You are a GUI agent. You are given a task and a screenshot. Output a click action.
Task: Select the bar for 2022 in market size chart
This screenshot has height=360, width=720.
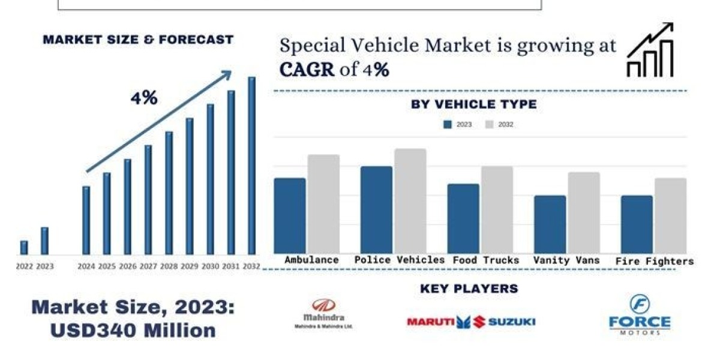click(24, 247)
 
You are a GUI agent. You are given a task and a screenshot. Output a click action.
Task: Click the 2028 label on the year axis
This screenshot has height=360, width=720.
click(169, 266)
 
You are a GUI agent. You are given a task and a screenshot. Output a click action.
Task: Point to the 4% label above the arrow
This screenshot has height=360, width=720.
click(144, 98)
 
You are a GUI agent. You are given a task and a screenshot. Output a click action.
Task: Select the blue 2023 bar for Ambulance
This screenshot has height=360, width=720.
click(290, 215)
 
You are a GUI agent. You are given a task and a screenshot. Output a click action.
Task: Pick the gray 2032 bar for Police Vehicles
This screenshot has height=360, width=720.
click(410, 201)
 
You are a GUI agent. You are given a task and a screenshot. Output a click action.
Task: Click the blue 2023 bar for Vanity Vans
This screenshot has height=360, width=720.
click(550, 224)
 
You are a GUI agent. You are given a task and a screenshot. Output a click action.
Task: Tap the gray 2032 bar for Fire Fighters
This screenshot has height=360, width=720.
click(670, 215)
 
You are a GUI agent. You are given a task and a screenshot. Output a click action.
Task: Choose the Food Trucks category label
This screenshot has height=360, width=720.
click(486, 260)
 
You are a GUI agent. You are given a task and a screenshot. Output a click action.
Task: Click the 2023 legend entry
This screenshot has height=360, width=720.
click(457, 125)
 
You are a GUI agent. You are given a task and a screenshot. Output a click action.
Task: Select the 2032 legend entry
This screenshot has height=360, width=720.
click(499, 125)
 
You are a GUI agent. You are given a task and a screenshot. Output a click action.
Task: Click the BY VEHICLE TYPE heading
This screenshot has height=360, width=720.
click(473, 104)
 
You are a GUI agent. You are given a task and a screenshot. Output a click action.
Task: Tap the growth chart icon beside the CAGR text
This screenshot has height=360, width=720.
click(650, 50)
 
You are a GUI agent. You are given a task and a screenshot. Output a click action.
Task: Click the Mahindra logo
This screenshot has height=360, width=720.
click(324, 313)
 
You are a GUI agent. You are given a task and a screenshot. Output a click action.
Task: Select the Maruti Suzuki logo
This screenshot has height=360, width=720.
click(470, 322)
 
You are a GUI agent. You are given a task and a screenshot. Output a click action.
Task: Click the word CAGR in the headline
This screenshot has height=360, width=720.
click(307, 70)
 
